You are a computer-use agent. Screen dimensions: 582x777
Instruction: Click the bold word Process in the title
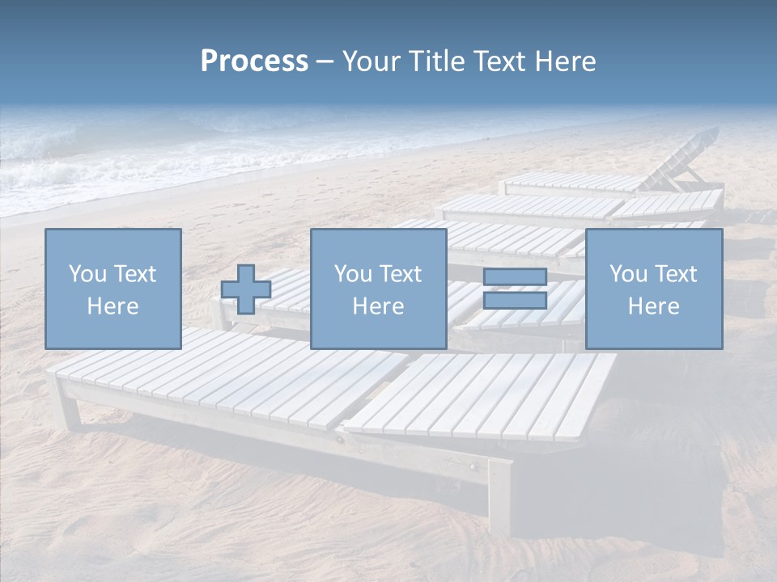[x=254, y=61]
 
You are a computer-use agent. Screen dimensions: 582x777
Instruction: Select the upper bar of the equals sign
[x=515, y=277]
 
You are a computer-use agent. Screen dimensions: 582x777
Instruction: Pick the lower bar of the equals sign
[x=515, y=301]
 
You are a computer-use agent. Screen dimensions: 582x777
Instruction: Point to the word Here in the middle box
[x=378, y=306]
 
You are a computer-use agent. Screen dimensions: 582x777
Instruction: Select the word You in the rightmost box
[x=629, y=274]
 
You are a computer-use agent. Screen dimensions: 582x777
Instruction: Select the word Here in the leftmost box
[x=113, y=306]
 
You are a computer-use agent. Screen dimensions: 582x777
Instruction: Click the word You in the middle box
[x=353, y=274]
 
